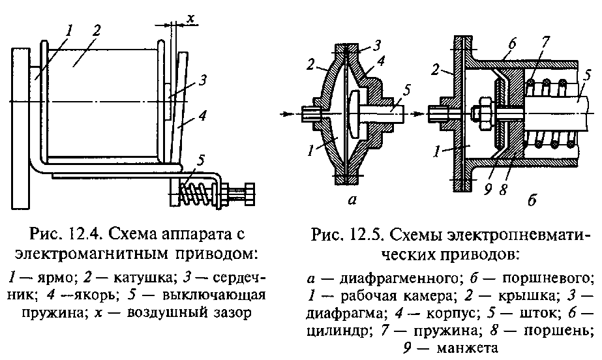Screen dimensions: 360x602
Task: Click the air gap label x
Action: pos(191,18)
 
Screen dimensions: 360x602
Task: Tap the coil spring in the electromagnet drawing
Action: pos(198,192)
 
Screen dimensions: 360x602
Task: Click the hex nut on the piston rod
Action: pos(486,110)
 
